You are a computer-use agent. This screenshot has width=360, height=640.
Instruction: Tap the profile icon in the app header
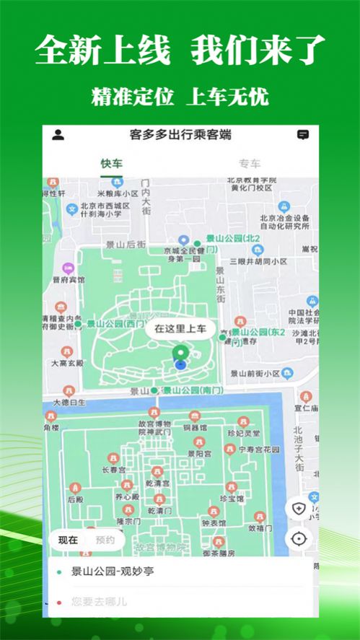[58, 135]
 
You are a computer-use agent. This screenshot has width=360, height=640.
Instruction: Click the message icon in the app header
[303, 135]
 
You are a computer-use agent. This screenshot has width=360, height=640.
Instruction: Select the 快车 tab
[112, 164]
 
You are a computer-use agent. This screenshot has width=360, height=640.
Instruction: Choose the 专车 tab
[250, 164]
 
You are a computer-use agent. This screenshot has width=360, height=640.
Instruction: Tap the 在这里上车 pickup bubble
[180, 330]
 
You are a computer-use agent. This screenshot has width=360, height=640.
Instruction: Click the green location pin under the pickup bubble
[180, 354]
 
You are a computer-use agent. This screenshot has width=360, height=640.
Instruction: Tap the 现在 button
[69, 540]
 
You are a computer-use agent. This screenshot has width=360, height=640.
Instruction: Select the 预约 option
[105, 540]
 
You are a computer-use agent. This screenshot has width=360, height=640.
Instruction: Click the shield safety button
[299, 508]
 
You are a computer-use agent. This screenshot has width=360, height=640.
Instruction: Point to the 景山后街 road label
[125, 245]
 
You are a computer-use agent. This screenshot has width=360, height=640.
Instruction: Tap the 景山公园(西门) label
[113, 325]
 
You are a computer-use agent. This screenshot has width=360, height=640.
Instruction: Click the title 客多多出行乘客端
[180, 135]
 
